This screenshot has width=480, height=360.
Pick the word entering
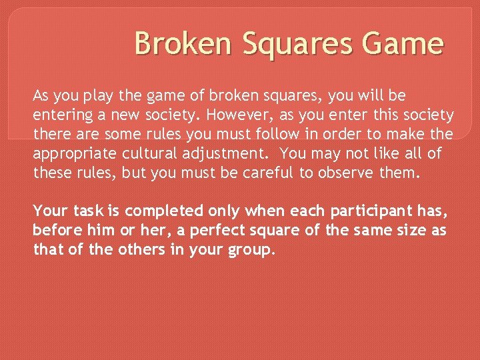pyautogui.click(x=61, y=116)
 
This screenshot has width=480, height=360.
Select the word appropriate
pyautogui.click(x=75, y=154)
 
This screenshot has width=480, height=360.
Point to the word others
pyautogui.click(x=129, y=250)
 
